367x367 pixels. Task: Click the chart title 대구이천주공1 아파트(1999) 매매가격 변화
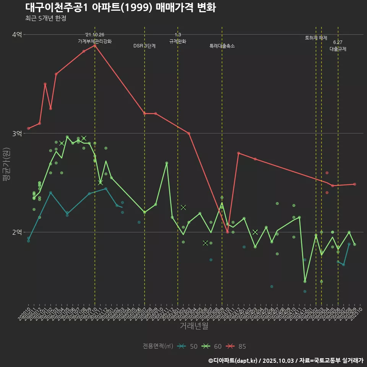click(120, 8)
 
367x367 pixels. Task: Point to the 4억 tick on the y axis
click(17, 34)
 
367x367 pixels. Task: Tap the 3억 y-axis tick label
click(17, 133)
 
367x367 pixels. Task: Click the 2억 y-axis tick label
click(17, 232)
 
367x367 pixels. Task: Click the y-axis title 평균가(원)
click(6, 164)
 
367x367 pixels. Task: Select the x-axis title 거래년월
click(194, 326)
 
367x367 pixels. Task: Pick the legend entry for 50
click(188, 346)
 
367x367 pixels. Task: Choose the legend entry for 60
click(212, 346)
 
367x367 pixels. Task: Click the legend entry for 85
click(236, 346)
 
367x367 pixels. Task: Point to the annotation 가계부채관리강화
click(95, 41)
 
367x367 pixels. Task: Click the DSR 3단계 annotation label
click(145, 46)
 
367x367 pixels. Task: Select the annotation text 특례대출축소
click(222, 46)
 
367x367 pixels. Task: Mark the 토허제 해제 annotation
click(316, 38)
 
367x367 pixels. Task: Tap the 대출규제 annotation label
click(338, 49)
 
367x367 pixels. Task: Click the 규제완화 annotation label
click(178, 41)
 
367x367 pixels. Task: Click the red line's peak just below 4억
click(95, 45)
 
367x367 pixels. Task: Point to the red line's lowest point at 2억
click(227, 232)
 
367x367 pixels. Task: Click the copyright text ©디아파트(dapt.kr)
click(234, 360)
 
